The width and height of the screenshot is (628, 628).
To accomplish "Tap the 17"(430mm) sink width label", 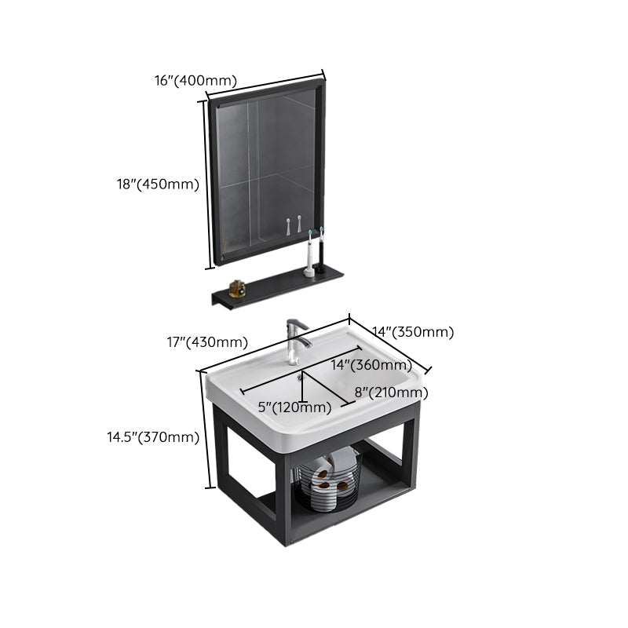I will (x=206, y=342).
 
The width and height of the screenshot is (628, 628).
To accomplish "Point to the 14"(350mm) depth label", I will (x=414, y=332).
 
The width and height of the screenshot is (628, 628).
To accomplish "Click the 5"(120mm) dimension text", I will (x=294, y=407).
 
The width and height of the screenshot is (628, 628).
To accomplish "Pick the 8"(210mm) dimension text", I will (x=391, y=392).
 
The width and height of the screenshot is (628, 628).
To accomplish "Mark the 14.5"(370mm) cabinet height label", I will (x=153, y=437).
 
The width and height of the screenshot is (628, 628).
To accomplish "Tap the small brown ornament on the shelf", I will (x=237, y=289).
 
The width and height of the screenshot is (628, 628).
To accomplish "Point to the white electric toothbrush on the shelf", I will (x=309, y=255).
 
